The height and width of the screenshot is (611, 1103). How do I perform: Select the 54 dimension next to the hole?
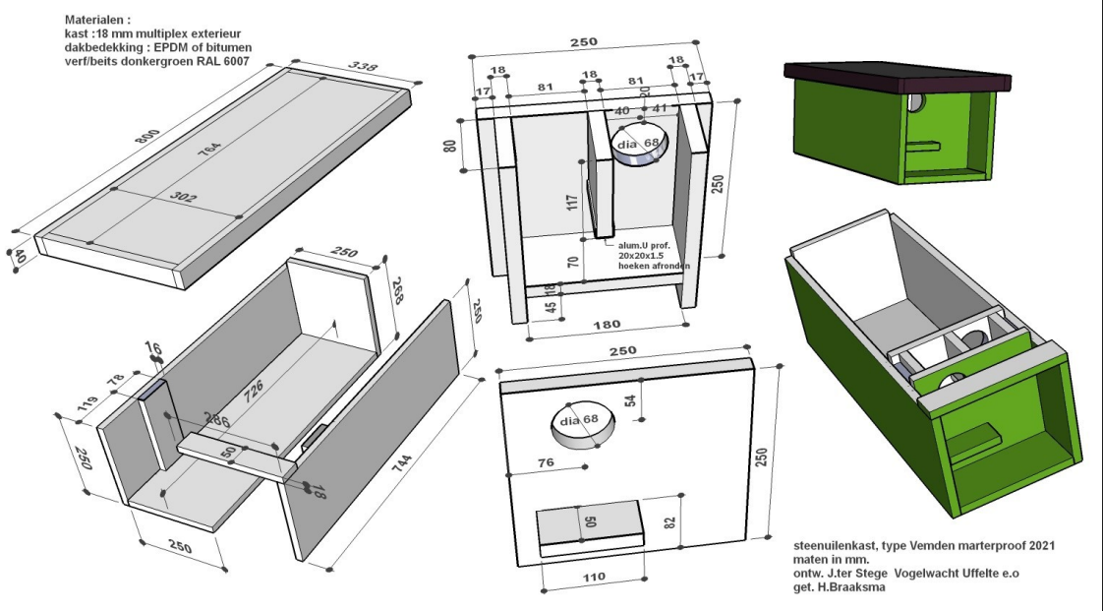tap(630, 397)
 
